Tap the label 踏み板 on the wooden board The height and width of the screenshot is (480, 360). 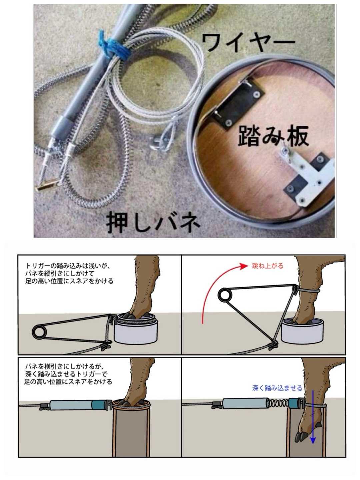273,137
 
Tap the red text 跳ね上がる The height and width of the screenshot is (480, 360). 268,266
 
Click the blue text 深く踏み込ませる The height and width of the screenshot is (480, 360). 277,388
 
